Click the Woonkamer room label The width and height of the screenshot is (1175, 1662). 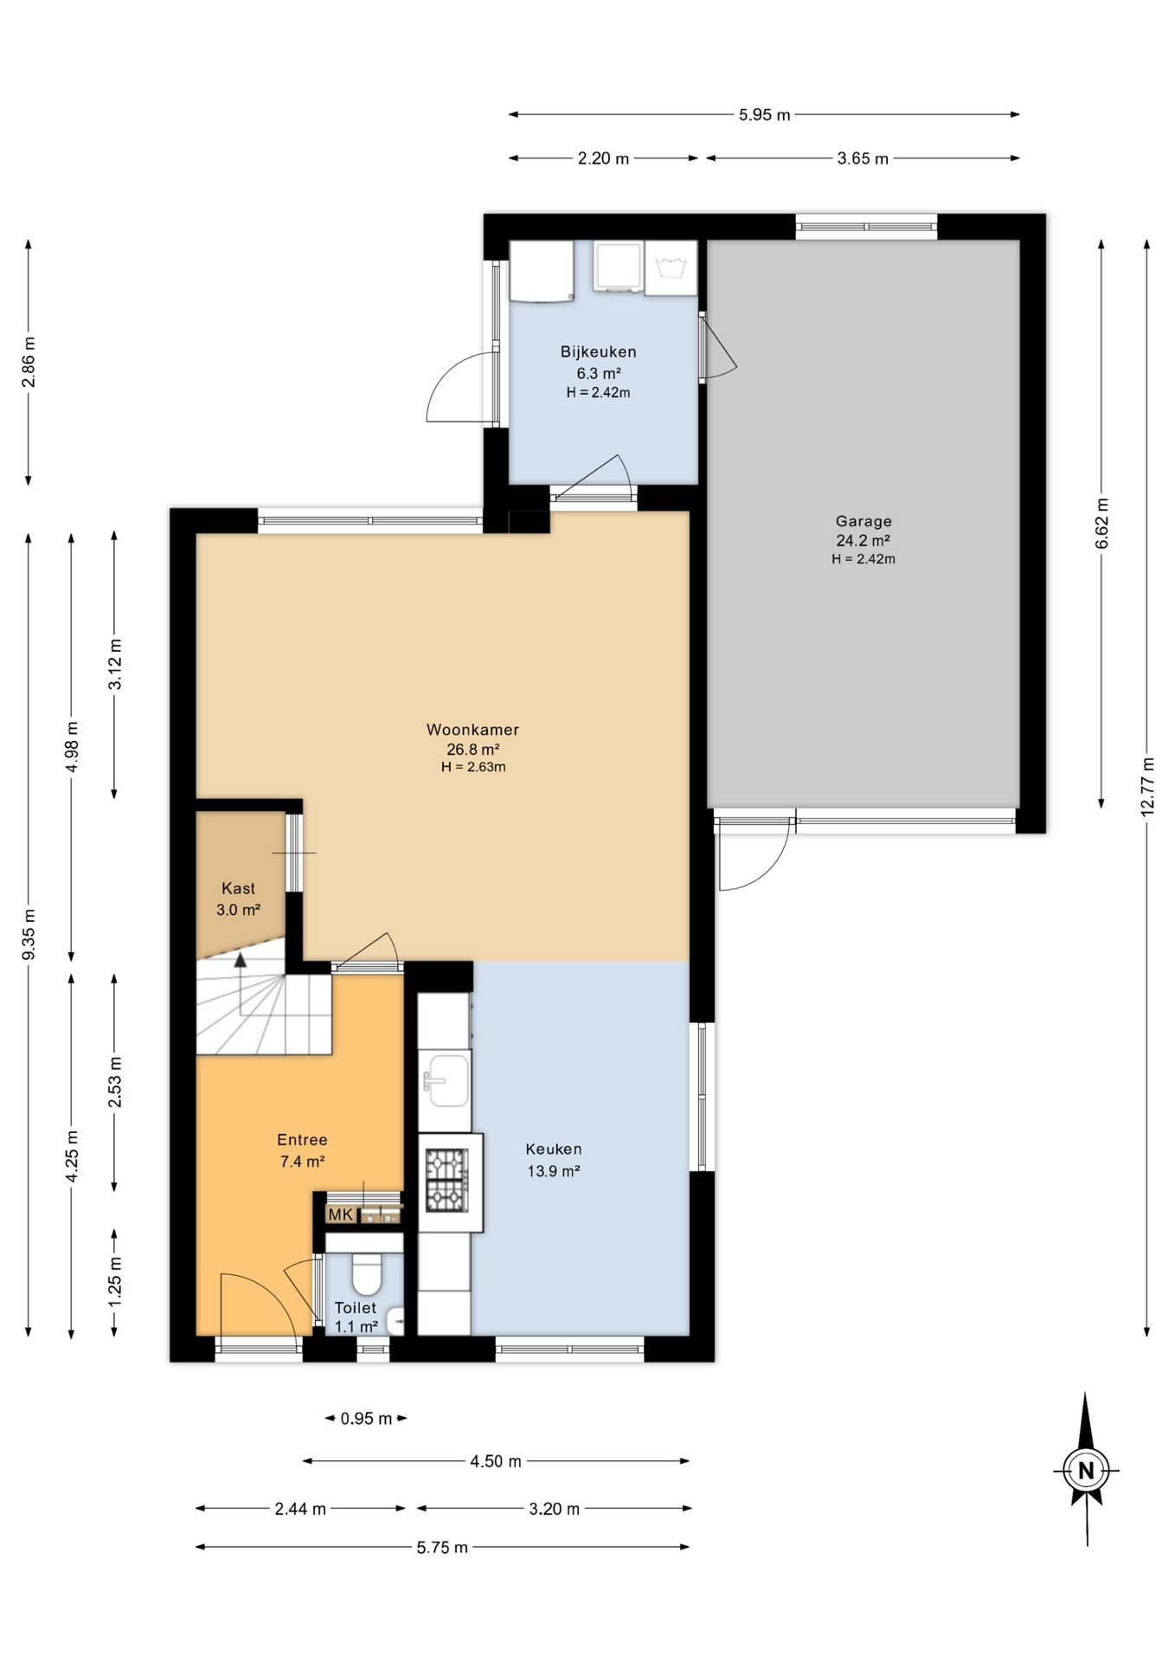click(472, 730)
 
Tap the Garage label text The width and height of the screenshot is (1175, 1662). click(864, 521)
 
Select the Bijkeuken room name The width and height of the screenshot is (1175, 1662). click(599, 351)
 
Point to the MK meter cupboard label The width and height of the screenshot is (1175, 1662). click(341, 1214)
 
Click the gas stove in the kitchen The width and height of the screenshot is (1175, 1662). click(446, 1179)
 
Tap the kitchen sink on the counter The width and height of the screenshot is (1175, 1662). click(446, 1080)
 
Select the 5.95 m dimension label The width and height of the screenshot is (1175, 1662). click(765, 114)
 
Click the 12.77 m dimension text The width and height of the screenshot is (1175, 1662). click(1147, 787)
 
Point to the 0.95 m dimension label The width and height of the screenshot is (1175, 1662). click(366, 1418)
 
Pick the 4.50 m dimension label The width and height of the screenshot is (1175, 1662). click(496, 1461)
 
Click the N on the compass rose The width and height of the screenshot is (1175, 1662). click(1086, 1470)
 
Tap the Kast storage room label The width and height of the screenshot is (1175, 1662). click(239, 888)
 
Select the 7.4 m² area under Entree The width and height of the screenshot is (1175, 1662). click(302, 1162)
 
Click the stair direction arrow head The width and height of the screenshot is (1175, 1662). click(241, 959)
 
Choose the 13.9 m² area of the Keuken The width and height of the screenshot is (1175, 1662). click(554, 1171)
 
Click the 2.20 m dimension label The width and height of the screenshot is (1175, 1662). click(603, 158)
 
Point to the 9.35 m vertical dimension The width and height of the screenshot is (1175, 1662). click(29, 933)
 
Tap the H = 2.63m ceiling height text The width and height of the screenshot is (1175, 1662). click(473, 767)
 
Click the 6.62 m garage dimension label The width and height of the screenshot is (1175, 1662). click(1101, 524)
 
